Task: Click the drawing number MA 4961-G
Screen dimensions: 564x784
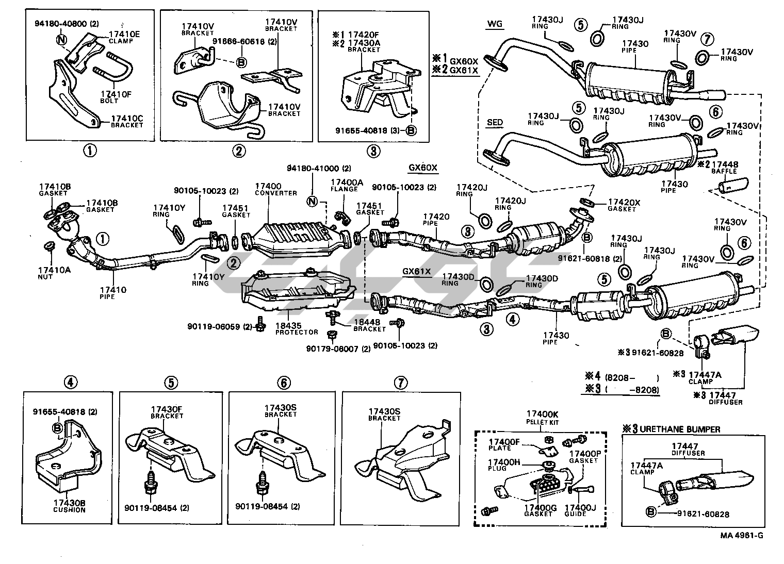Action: point(742,535)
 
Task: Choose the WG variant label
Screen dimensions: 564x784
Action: point(494,24)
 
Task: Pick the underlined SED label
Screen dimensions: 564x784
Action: point(495,123)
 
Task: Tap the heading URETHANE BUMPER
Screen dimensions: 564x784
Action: point(677,429)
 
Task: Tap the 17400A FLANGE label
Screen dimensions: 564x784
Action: point(347,185)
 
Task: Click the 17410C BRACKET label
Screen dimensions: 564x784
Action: point(126,122)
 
